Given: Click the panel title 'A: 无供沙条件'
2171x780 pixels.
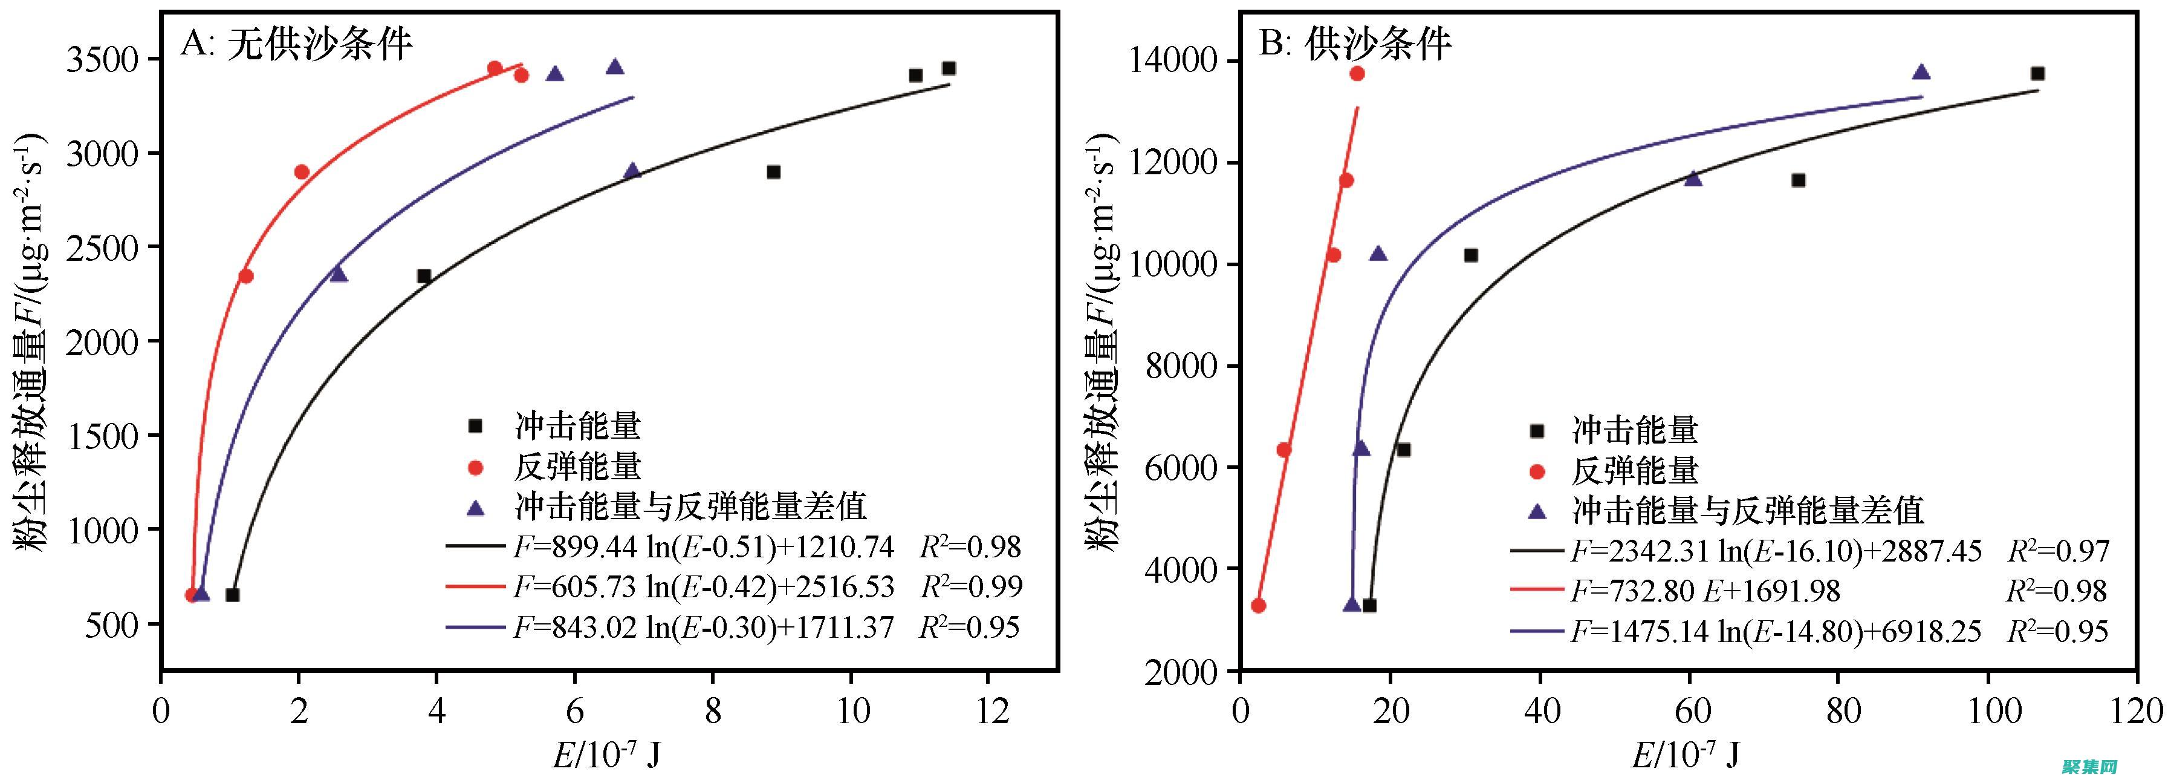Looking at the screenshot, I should (x=296, y=44).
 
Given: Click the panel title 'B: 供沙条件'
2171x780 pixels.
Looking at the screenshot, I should (x=1355, y=44).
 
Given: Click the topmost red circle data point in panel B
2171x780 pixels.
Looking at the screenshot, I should (x=1357, y=73).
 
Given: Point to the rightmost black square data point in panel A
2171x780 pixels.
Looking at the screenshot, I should (x=949, y=68).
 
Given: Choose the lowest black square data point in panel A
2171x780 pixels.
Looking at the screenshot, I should (x=233, y=595).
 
